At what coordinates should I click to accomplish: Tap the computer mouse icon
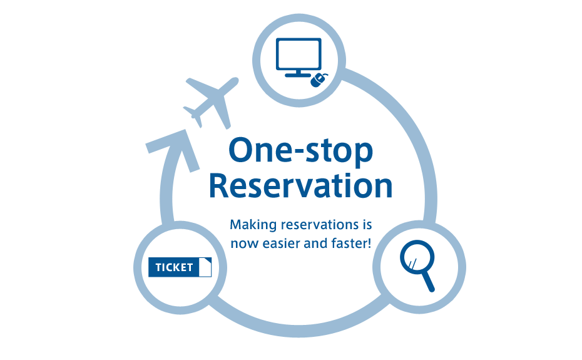(320, 80)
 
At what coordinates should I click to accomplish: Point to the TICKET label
(174, 267)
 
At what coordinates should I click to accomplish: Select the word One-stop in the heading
(300, 150)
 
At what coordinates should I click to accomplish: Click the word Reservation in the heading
(300, 186)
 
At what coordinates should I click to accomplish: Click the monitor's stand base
(299, 75)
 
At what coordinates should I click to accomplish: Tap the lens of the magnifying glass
(412, 257)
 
